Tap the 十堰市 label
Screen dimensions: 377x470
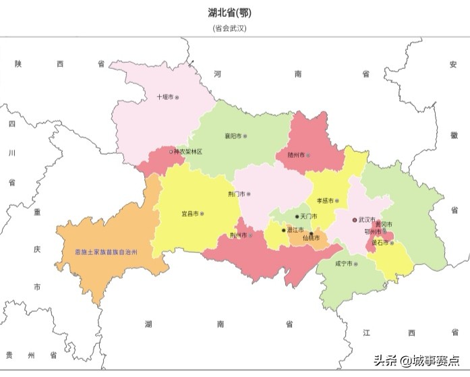165,97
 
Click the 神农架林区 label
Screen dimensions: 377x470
187,152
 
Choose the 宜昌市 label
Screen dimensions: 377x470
189,214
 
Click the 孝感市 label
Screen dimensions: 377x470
326,201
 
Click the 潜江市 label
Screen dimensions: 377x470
294,230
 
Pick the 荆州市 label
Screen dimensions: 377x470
238,235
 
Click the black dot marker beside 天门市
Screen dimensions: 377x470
297,216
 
